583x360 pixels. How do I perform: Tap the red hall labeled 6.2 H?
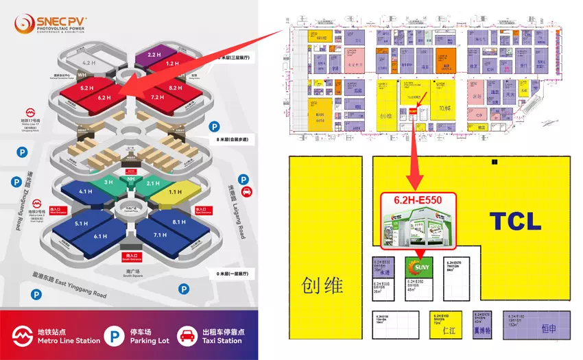(104, 99)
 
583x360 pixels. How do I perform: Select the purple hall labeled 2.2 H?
(154, 53)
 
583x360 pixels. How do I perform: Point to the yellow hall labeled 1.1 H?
(174, 193)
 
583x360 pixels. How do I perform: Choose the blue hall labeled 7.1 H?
(160, 236)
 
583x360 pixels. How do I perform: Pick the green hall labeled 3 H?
(108, 182)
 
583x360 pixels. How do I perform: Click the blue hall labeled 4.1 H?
(86, 192)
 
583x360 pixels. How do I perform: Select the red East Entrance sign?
(201, 210)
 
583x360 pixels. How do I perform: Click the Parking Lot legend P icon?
(110, 335)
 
